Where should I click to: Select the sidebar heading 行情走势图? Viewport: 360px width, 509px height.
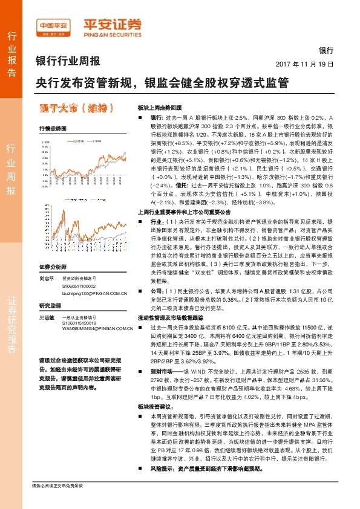[x=49, y=129]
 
